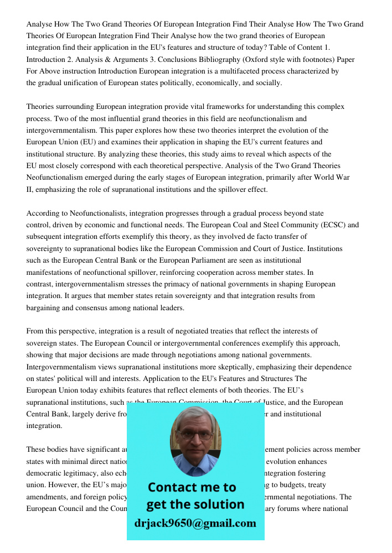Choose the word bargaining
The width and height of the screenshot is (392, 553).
(x=44, y=308)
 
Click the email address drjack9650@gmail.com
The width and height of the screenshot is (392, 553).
(x=195, y=523)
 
